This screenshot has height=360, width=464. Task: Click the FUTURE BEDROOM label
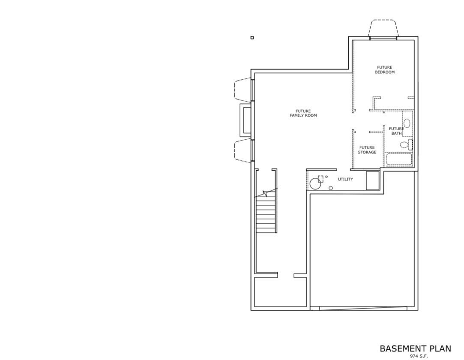[x=384, y=70]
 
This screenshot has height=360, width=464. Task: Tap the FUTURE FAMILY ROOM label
[x=303, y=114]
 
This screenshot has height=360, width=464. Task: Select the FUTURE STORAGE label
[x=367, y=150]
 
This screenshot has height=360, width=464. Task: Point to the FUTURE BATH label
[x=396, y=131]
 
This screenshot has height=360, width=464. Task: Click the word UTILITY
[x=345, y=179]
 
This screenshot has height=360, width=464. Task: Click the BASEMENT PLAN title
[x=415, y=348]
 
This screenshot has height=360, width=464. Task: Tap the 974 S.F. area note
[x=419, y=356]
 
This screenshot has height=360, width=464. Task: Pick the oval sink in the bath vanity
[x=407, y=123]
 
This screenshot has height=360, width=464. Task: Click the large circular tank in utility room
[x=315, y=183]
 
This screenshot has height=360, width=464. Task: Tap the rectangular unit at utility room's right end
[x=373, y=180]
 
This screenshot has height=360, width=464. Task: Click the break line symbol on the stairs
[x=266, y=194]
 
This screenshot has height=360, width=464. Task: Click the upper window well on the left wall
[x=243, y=89]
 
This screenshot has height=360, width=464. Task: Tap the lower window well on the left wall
[x=243, y=151]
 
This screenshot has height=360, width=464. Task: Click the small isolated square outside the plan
[x=252, y=38]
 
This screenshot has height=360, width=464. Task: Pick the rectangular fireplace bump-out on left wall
[x=245, y=120]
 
